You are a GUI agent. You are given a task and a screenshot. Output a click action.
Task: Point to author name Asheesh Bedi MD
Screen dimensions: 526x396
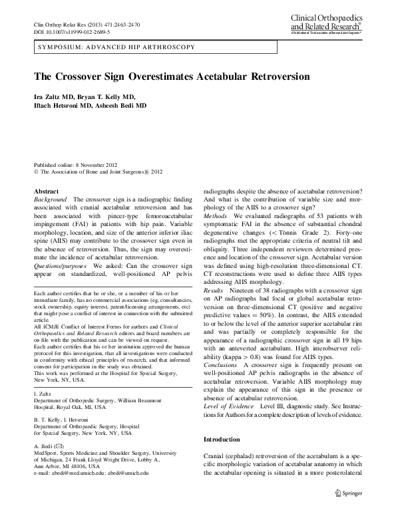(120, 105)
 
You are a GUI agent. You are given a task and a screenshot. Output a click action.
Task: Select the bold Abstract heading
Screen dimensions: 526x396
(45, 191)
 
